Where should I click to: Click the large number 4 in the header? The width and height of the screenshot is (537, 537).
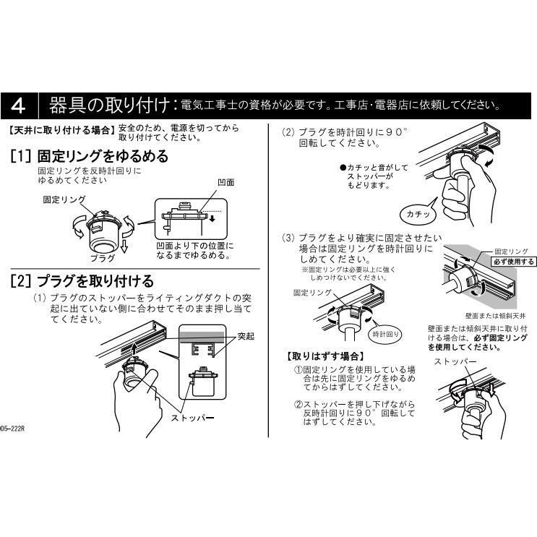18,106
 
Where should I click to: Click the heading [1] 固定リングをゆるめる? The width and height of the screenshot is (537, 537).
90,156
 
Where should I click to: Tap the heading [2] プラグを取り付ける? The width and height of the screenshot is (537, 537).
82,281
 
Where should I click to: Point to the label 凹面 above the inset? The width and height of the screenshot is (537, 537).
226,183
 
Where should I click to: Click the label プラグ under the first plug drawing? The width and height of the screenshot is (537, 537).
103,258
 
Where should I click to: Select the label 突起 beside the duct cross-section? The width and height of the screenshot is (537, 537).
246,336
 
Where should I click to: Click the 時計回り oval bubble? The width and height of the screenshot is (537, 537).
386,334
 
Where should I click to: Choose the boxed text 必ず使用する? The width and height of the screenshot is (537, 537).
514,262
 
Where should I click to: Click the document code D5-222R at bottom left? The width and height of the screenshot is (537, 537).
13,429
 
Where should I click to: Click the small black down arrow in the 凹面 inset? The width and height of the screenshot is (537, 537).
212,218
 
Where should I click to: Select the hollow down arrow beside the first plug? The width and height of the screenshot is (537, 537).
124,246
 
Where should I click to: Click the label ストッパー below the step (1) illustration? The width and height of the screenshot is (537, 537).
193,418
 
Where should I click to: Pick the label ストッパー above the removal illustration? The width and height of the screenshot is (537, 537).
455,361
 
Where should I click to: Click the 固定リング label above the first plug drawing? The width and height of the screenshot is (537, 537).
64,199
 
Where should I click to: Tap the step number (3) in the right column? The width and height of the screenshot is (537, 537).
288,238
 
